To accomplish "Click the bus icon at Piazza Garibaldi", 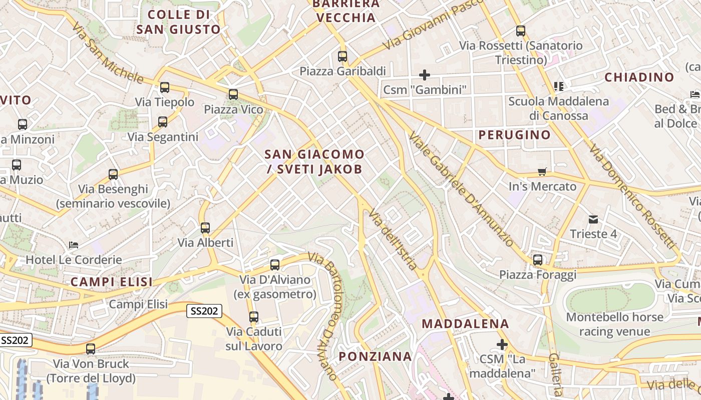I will [x=342, y=56].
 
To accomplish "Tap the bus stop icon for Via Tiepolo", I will [x=165, y=88].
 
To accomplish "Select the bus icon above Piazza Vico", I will [x=233, y=94].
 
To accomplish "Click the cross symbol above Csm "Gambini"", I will [x=425, y=75].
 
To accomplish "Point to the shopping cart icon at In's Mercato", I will [x=542, y=172].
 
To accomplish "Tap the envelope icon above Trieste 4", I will [x=593, y=219].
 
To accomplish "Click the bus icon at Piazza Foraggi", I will [x=538, y=260].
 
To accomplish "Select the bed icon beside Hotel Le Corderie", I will [x=74, y=245].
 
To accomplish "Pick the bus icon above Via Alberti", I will [x=205, y=228].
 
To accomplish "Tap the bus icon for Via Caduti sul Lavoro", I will [x=254, y=316].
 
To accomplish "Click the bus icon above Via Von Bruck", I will [x=91, y=349].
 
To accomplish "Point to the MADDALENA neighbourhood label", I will [x=465, y=323].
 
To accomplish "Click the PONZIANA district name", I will [x=375, y=356].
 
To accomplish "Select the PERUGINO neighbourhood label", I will [x=514, y=134].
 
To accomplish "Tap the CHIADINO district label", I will [x=639, y=77].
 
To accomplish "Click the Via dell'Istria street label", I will [x=393, y=240].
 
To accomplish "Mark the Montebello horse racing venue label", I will [x=614, y=324].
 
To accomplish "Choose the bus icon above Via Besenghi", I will [x=113, y=174].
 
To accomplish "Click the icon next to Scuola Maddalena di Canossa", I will [x=559, y=86].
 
